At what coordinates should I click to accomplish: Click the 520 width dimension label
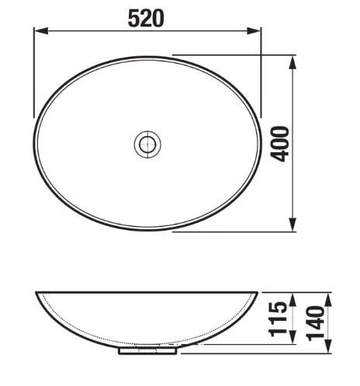(x=146, y=18)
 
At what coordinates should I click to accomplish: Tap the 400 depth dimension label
(x=279, y=144)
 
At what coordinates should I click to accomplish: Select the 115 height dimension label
(x=278, y=318)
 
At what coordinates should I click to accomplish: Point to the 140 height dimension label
(x=316, y=323)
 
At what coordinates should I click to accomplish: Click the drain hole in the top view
(x=147, y=144)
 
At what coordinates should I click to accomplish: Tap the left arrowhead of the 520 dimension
(x=42, y=31)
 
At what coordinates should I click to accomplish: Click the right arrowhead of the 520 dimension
(x=254, y=31)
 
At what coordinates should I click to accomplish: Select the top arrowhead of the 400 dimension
(x=292, y=62)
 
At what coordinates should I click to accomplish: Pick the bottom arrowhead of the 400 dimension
(x=292, y=224)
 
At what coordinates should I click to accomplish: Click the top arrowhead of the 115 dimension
(x=292, y=301)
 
